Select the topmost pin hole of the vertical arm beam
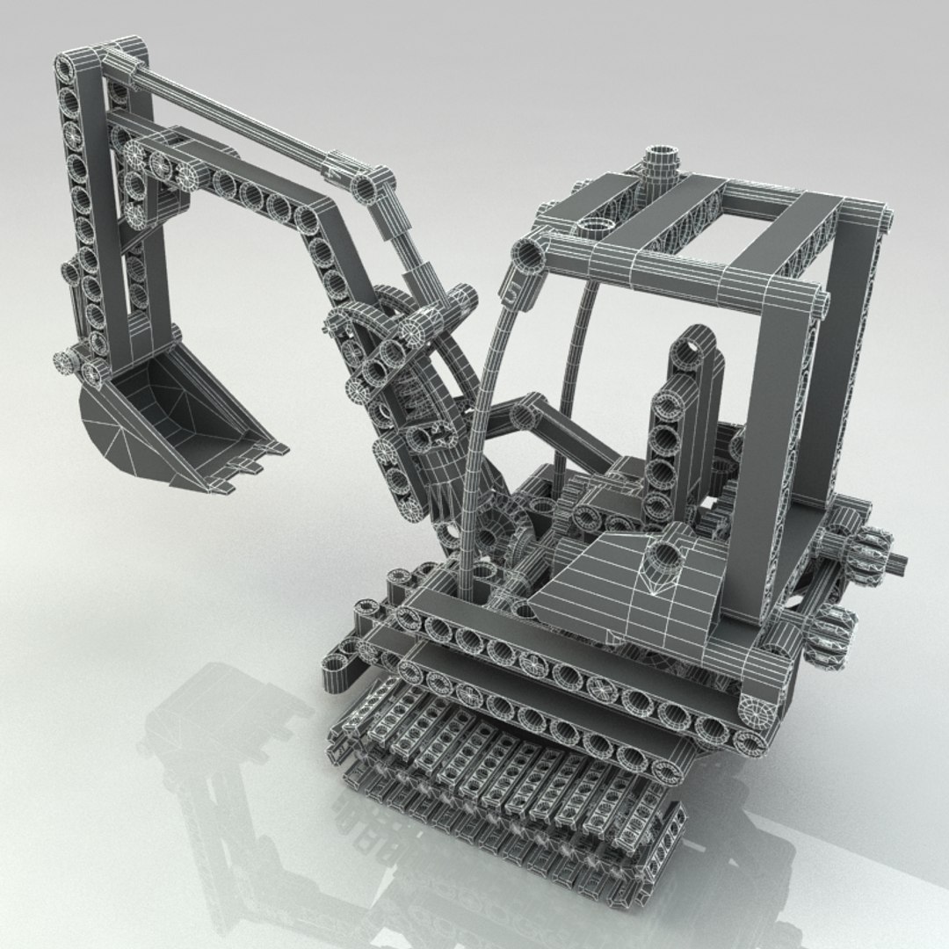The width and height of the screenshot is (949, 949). click(x=69, y=67)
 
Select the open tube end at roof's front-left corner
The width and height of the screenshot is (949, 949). click(x=529, y=254)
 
